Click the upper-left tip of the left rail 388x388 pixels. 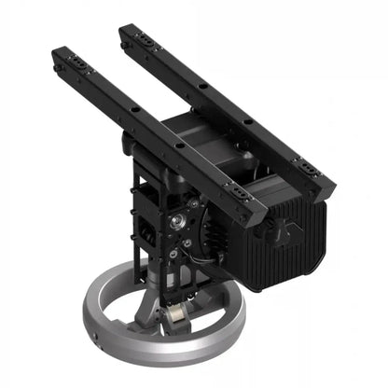[x=58, y=53]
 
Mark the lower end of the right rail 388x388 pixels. [x=326, y=186]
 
